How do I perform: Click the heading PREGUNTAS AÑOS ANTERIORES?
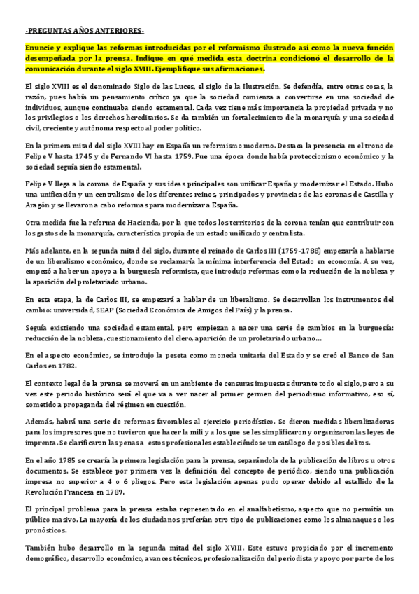(83, 32)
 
